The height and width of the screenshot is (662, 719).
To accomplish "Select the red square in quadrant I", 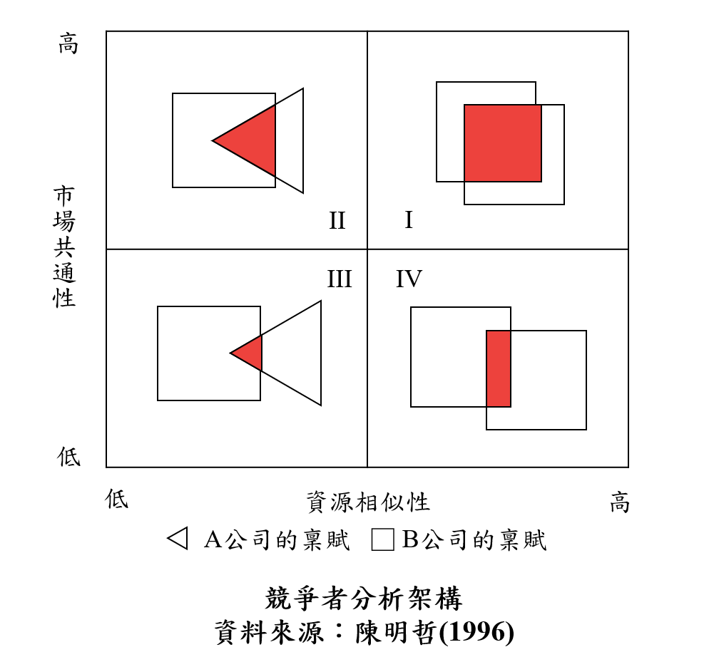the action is [503, 143].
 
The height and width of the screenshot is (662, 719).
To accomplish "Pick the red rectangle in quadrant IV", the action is [499, 368].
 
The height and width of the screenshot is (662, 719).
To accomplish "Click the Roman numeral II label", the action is [337, 221].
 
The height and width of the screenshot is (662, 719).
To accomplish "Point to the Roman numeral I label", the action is [409, 220].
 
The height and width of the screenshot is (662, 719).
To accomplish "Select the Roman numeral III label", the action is [340, 279].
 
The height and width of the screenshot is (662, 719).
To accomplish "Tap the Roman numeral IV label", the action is [409, 279].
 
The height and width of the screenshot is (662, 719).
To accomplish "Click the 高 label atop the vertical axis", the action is [68, 43].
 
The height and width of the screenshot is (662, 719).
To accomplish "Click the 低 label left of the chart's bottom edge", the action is [68, 456].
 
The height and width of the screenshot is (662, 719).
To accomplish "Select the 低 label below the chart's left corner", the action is [116, 498].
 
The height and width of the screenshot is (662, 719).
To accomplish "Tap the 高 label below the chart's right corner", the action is [619, 502].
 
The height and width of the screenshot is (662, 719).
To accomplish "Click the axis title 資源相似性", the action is [368, 502].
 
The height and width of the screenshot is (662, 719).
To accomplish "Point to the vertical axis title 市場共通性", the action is [64, 247].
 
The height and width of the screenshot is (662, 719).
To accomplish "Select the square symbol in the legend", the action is [383, 539].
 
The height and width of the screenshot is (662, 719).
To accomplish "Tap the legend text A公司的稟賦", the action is [277, 539].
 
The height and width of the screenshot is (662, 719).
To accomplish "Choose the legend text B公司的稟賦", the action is [474, 539].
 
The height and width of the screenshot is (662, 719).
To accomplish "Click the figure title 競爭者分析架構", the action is [364, 599].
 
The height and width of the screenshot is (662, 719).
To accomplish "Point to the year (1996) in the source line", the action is [476, 633].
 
